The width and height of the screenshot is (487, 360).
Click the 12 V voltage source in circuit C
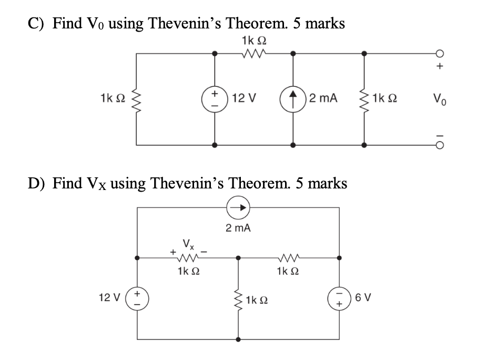pyautogui.click(x=214, y=98)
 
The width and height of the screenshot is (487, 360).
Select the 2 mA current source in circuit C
pyautogui.click(x=293, y=98)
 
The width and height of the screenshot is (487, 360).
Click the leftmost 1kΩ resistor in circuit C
pyautogui.click(x=137, y=98)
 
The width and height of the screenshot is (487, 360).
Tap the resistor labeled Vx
pyautogui.click(x=187, y=258)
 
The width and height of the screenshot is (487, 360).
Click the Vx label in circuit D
pyautogui.click(x=187, y=245)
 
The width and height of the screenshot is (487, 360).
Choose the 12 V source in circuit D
pyautogui.click(x=138, y=299)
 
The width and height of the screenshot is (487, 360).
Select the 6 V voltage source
pyautogui.click(x=339, y=299)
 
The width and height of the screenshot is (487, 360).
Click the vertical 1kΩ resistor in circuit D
pyautogui.click(x=239, y=301)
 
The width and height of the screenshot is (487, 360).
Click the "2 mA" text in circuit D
pyautogui.click(x=238, y=228)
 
